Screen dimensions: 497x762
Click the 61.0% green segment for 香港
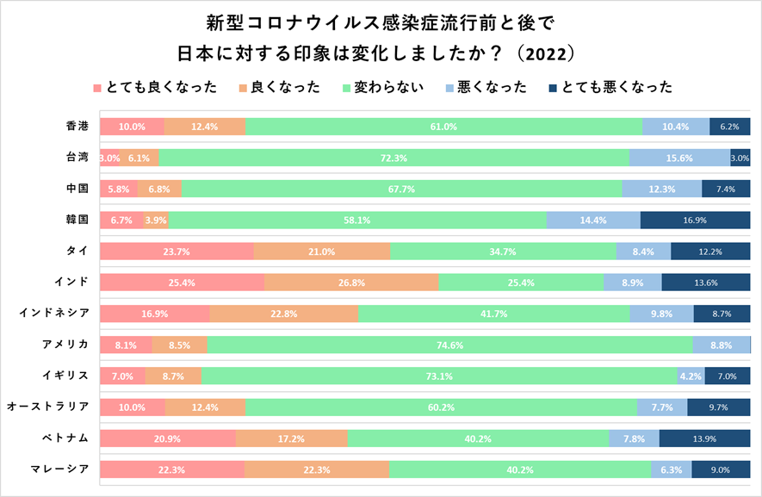click(443, 127)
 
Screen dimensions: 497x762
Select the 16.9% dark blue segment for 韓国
click(695, 221)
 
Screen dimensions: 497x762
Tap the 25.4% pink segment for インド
click(182, 283)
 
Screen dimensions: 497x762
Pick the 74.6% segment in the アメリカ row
click(450, 345)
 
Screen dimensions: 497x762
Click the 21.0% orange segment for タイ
click(321, 252)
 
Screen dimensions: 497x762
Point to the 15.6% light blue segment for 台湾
click(679, 158)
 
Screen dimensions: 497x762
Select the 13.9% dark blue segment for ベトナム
click(704, 438)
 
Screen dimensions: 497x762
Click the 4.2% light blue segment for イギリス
click(690, 376)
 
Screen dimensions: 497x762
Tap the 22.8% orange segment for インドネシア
click(283, 314)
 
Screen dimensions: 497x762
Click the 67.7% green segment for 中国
click(402, 189)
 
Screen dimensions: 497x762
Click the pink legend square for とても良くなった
click(96, 88)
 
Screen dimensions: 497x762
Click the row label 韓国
click(77, 220)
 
